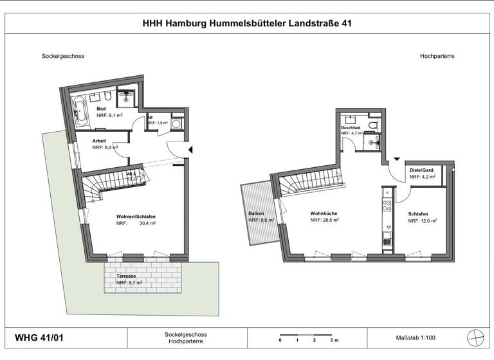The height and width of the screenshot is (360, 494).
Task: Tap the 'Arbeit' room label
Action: pos(100,140)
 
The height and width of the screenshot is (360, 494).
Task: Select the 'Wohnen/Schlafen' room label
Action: pos(136,217)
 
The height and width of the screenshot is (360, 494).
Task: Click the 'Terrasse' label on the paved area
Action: pos(126,275)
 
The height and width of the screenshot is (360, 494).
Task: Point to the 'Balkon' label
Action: pos(257,213)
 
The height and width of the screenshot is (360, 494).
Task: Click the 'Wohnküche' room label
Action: pos(324,213)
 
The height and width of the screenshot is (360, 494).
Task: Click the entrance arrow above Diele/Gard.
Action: pos(397,159)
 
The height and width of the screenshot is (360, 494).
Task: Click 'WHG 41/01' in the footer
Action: pos(39,337)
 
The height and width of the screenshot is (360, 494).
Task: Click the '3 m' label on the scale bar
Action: pos(333,341)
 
